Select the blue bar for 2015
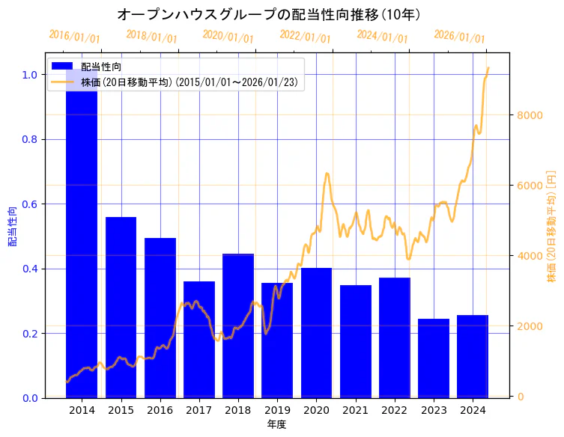pos(121,307)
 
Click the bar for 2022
pos(395,337)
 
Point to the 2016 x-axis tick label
pos(160,411)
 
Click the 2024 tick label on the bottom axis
pos(473,411)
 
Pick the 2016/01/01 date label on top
pos(74,37)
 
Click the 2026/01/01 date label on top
pos(459,37)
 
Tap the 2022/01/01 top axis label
pos(305,37)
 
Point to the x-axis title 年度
pos(276,424)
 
